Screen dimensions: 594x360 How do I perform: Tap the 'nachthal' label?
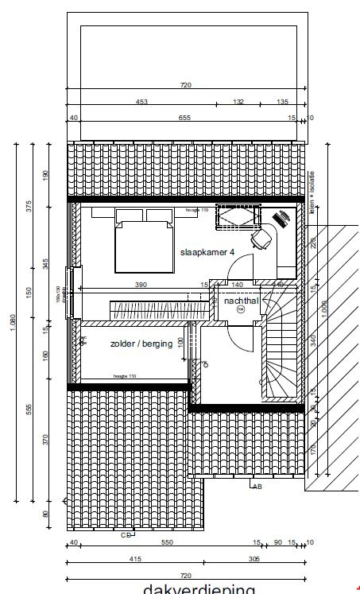(242, 302)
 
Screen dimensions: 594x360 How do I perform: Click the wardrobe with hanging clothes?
(151, 306)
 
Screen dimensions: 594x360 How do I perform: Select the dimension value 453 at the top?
(142, 102)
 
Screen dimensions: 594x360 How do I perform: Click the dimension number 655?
(184, 118)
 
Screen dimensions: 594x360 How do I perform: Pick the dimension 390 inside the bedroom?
(141, 284)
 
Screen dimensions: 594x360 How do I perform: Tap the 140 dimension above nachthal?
(237, 284)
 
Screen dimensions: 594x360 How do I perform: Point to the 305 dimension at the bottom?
(254, 559)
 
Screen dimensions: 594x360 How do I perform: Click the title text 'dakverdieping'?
(199, 589)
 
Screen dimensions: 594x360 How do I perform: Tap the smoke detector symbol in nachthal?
(242, 312)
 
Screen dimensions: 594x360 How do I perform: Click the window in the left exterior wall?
(72, 291)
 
